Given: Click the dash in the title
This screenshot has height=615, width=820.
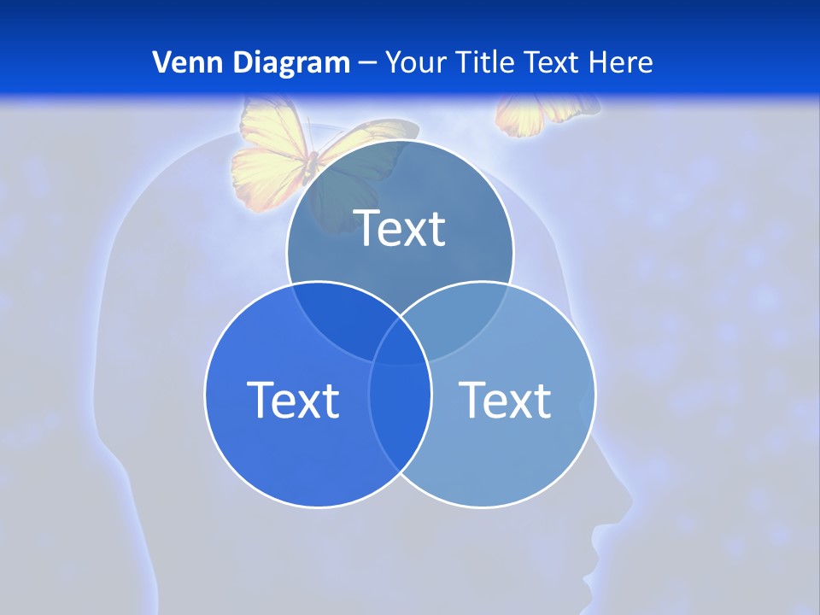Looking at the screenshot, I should (367, 63).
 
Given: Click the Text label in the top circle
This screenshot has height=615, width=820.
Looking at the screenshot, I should (400, 228).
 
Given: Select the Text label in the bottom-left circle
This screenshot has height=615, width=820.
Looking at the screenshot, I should (293, 399).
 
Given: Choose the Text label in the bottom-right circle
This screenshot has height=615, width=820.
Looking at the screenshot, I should (505, 399).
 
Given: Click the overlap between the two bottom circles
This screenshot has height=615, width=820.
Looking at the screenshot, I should (400, 410).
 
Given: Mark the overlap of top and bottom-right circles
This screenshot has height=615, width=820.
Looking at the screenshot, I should (457, 316).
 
